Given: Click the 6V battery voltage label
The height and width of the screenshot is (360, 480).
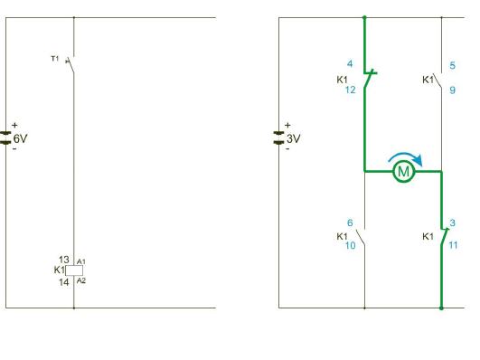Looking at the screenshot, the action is point(20,138).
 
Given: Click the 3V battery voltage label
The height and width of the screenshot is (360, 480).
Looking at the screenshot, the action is point(293,138).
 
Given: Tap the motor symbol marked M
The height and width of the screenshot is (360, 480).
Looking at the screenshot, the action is point(404,172).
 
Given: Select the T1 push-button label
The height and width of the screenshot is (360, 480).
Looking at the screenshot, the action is point(54,58).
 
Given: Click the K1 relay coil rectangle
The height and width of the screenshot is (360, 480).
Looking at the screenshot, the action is point(74,270).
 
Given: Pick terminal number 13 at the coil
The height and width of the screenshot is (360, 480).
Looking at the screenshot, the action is point(64,260).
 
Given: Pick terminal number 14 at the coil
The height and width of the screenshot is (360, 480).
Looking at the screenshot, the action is point(64,282).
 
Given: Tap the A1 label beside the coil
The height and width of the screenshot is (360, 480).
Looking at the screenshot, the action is point(81,261).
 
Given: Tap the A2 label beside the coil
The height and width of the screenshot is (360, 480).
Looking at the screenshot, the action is point(81,280).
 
